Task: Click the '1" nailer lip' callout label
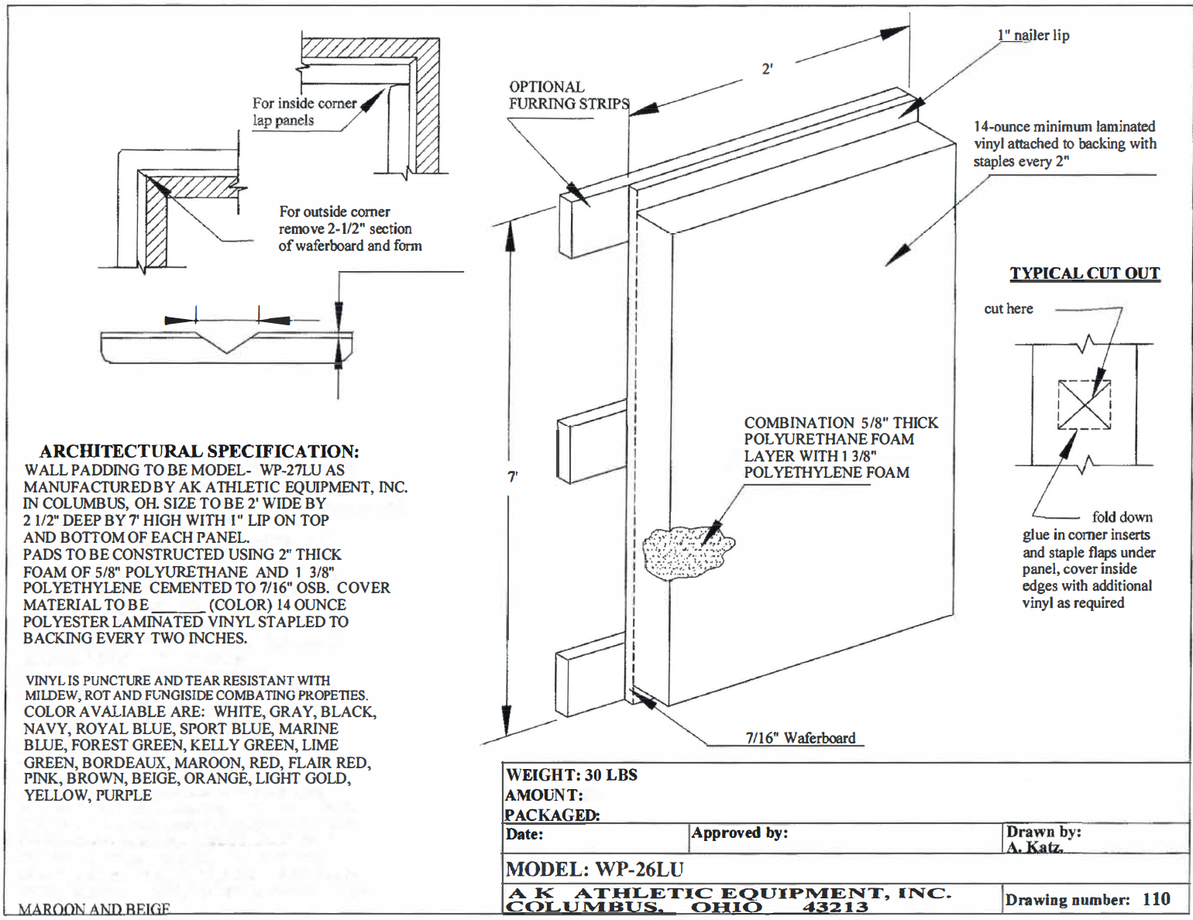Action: [x=1033, y=35]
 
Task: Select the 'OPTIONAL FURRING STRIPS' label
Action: [x=569, y=95]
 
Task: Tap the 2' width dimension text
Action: [x=767, y=69]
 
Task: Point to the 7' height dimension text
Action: [x=512, y=477]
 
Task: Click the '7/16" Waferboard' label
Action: [x=800, y=738]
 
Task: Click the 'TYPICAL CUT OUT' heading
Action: [x=1085, y=273]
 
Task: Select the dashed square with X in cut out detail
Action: [x=1085, y=404]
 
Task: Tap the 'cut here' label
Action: [x=1008, y=309]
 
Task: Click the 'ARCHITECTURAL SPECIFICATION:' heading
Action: [x=199, y=451]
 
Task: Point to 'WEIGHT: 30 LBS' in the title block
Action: [x=572, y=775]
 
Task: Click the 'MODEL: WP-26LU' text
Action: [x=594, y=869]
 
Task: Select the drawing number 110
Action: [x=1156, y=899]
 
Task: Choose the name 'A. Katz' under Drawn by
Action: [x=1034, y=847]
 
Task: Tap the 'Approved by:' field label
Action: [x=740, y=833]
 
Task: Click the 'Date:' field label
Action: [x=524, y=834]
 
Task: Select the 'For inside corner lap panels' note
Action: [x=304, y=112]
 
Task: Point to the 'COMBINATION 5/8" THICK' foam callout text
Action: [x=841, y=423]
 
